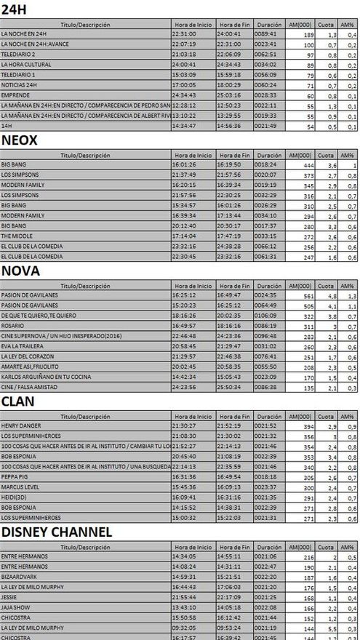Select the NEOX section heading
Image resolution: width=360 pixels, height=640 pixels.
click(20, 140)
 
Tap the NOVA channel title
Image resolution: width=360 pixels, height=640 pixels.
click(20, 271)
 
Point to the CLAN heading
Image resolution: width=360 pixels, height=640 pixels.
click(19, 401)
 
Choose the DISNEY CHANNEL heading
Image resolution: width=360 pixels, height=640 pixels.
click(57, 532)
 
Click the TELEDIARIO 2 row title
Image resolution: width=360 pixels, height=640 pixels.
click(18, 55)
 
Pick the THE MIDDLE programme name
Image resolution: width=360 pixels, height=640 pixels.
click(16, 236)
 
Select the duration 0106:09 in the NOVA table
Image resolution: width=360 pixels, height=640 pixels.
click(268, 316)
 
